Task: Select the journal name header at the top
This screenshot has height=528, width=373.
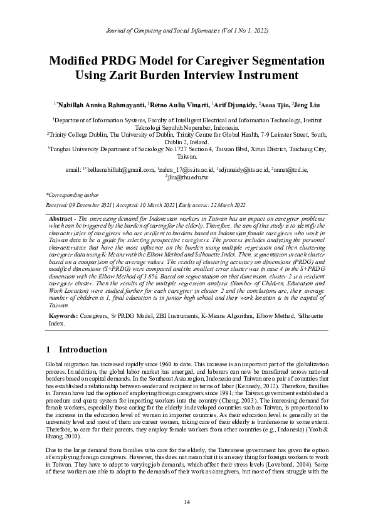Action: [186, 29]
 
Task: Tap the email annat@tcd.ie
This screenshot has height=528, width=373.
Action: [294, 169]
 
